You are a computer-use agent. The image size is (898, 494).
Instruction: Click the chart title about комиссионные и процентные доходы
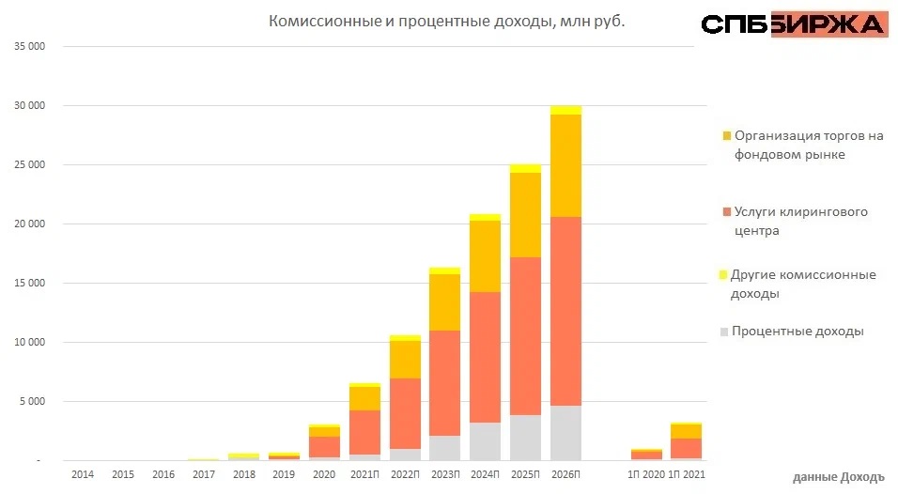(446, 21)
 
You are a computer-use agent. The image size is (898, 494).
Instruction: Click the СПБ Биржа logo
(793, 24)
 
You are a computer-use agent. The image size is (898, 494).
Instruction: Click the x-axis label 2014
(82, 476)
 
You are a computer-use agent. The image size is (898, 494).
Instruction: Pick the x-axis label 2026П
(566, 476)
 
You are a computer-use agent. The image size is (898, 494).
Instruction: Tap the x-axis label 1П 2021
(687, 476)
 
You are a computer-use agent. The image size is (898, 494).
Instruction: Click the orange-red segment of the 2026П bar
(565, 310)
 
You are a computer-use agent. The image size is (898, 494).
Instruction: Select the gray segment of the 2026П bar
(565, 433)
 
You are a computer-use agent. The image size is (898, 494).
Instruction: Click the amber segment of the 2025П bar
(526, 215)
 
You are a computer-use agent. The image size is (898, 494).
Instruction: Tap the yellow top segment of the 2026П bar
(565, 110)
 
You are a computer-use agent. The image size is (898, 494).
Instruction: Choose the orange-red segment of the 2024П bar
(485, 357)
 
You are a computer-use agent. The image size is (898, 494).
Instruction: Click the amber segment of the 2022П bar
(405, 359)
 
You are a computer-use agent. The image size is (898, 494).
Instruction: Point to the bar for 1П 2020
(646, 455)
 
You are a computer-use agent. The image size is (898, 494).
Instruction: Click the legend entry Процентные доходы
(797, 332)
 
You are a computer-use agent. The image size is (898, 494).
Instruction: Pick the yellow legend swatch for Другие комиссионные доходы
(724, 274)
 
